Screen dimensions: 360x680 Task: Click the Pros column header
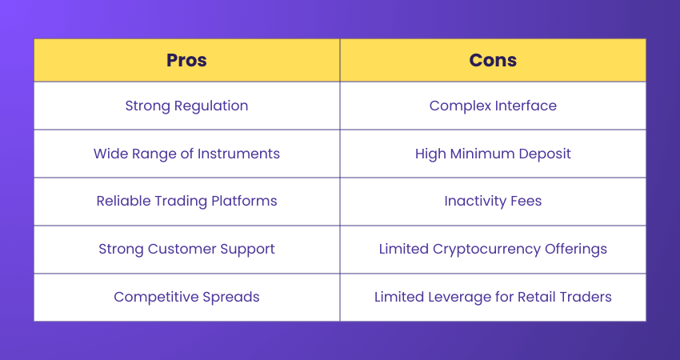[186, 60]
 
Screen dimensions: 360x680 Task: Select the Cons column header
[493, 60]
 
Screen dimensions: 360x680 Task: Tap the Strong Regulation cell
[186, 106]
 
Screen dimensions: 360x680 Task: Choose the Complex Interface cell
[493, 106]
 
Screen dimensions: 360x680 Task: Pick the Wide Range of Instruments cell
[186, 154]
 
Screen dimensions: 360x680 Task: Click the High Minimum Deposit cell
[493, 154]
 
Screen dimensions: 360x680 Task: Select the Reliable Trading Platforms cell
[186, 201]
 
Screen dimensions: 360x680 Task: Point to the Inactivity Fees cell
[493, 201]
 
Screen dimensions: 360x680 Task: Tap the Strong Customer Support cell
[186, 249]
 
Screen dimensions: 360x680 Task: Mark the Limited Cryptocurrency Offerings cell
[493, 249]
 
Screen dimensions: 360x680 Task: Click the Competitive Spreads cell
[186, 297]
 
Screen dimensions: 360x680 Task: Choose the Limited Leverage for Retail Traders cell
[493, 297]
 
